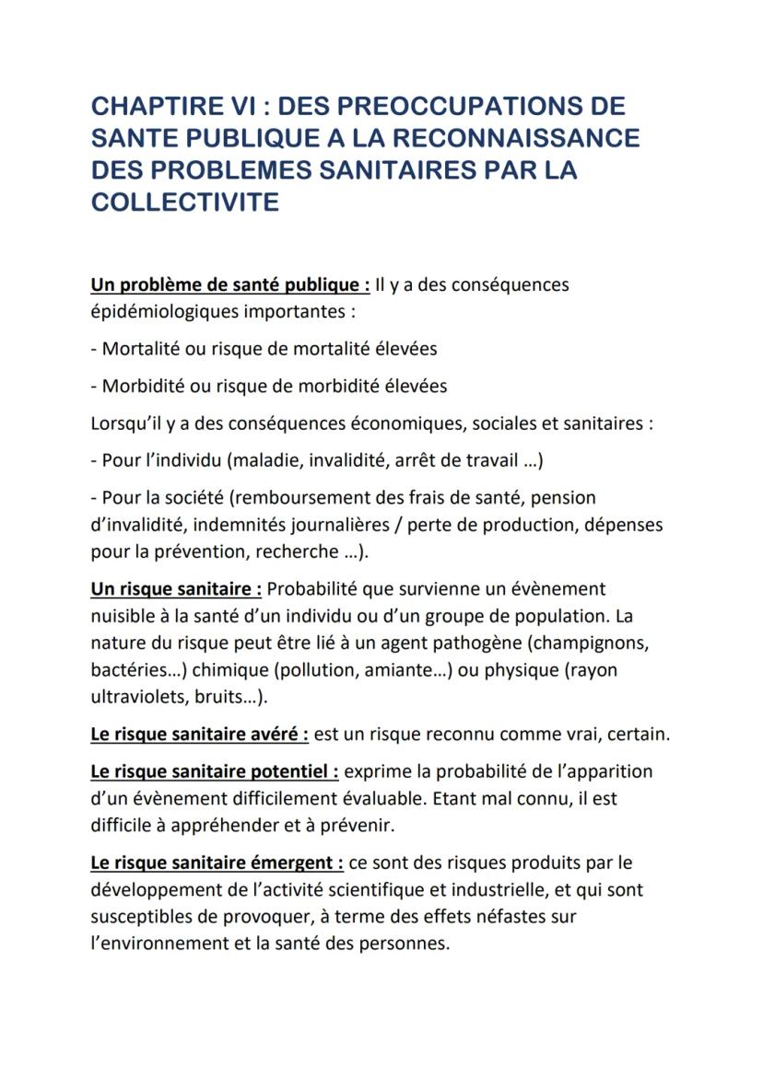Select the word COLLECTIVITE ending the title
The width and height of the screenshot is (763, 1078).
184,203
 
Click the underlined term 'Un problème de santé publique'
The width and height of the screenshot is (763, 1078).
230,284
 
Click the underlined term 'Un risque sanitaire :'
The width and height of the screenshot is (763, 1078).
176,588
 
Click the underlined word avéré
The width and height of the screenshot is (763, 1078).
278,735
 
